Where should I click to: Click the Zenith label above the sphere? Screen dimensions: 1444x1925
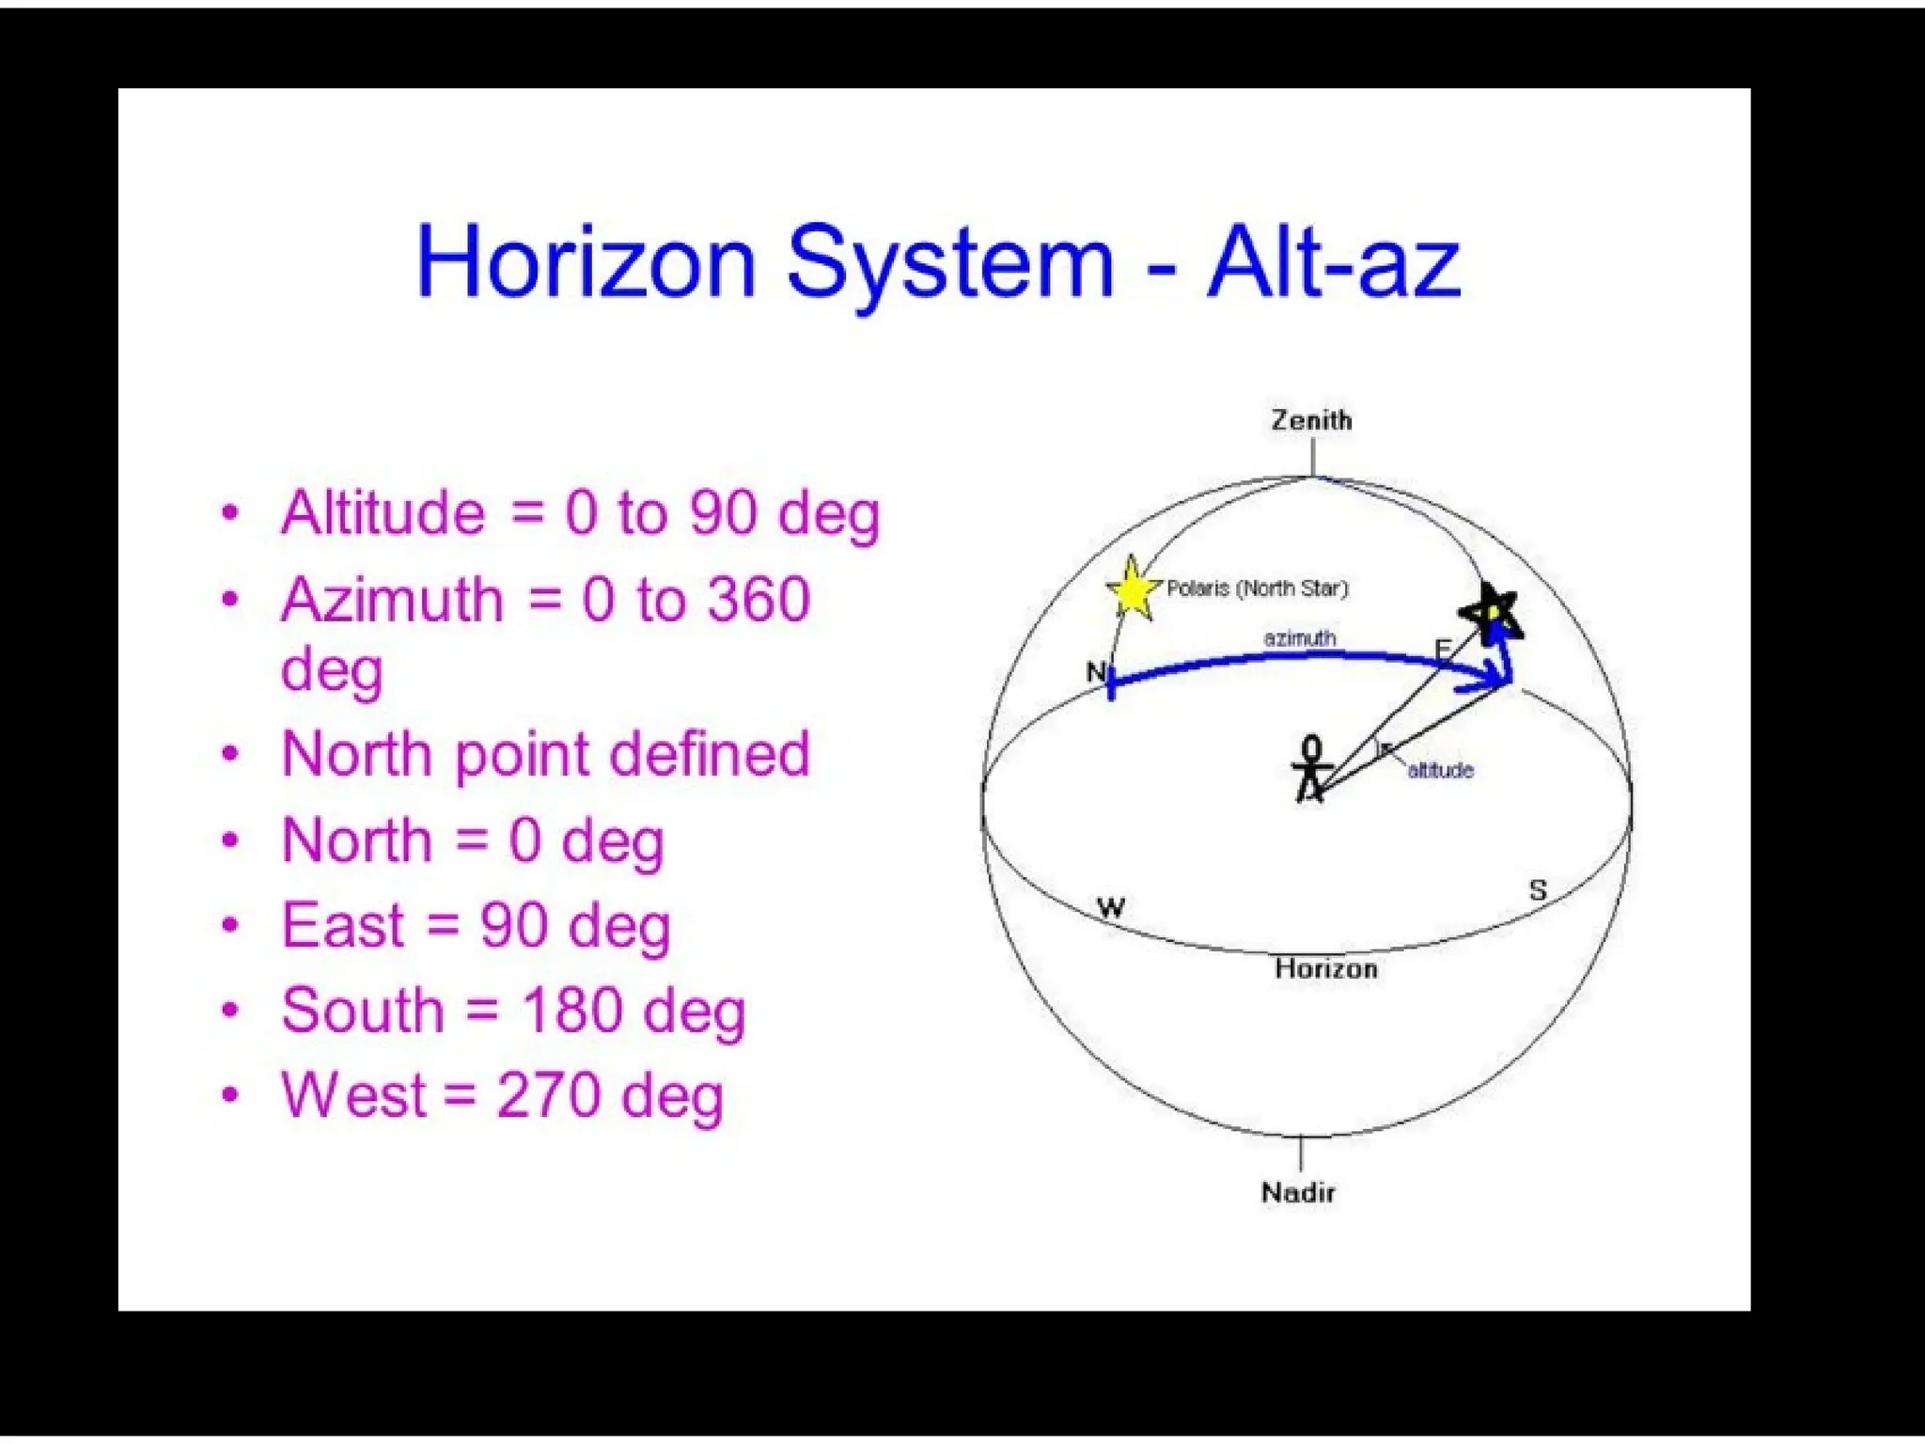1311,420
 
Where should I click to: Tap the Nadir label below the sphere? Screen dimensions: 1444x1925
1298,1193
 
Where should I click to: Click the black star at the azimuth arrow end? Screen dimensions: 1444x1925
1490,612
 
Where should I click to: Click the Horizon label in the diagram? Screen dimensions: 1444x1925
1326,968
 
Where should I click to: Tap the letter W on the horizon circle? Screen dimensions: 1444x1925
1111,908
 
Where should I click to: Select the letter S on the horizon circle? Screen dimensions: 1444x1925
1538,889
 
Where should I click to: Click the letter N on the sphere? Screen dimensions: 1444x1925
1095,672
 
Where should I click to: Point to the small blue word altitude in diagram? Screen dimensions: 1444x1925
1440,771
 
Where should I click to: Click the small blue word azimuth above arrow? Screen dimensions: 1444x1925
1299,638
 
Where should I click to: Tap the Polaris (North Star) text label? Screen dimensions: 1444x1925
1257,589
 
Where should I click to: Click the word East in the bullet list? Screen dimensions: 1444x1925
343,925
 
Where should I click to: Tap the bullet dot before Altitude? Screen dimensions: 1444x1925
230,513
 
